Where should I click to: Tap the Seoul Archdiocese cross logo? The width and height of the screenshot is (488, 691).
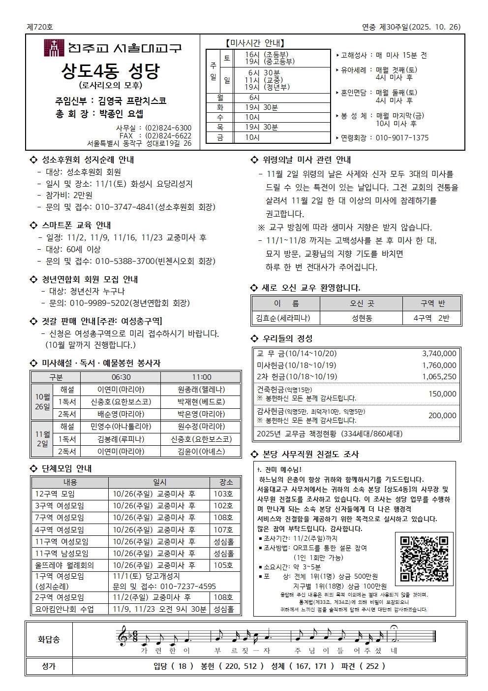click(x=54, y=48)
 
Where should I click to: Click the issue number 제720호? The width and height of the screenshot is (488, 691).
click(x=40, y=27)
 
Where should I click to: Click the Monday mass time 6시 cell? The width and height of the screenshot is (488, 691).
click(x=254, y=98)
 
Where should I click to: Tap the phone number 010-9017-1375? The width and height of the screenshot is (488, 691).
click(x=402, y=138)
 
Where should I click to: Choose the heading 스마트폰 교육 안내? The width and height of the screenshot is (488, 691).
click(x=76, y=225)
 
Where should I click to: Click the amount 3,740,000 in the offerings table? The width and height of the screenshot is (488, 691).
click(x=439, y=354)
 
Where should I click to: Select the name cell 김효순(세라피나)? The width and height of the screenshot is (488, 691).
click(x=286, y=318)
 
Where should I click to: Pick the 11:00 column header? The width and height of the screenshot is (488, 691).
click(x=201, y=377)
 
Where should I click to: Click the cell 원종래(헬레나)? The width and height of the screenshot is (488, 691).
click(x=201, y=390)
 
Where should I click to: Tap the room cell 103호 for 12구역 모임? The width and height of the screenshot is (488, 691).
click(x=223, y=494)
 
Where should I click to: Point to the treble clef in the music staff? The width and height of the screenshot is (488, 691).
click(x=122, y=636)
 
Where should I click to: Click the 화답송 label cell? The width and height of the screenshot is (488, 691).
click(x=49, y=639)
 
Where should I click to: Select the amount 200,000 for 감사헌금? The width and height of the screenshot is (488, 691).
click(x=442, y=416)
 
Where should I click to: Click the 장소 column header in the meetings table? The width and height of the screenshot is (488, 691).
click(x=226, y=482)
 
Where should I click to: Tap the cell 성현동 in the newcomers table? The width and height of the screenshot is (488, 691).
click(x=362, y=318)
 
